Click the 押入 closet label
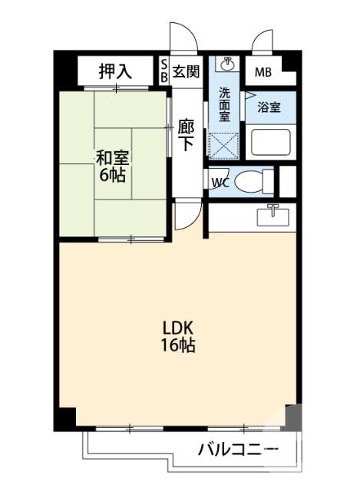(x=115, y=72)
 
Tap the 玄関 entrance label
(x=185, y=71)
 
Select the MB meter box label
(x=263, y=73)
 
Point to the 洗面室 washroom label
(x=224, y=105)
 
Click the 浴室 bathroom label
(x=269, y=107)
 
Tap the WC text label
(x=220, y=183)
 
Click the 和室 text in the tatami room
(x=112, y=157)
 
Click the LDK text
(x=177, y=328)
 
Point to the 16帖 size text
(x=177, y=345)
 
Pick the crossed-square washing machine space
(x=224, y=145)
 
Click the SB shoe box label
(x=164, y=72)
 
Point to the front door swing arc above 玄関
(x=181, y=37)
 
